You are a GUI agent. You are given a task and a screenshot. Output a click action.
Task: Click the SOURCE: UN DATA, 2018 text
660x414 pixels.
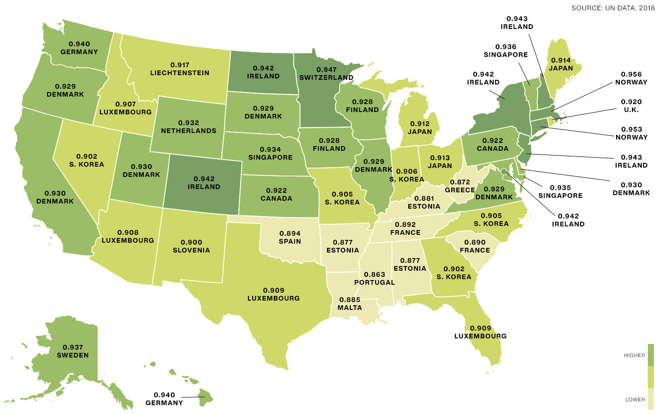(613, 8)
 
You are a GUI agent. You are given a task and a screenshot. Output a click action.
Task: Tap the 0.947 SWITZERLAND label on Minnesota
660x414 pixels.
(326, 74)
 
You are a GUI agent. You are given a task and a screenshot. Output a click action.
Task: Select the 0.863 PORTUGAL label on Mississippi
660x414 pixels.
(375, 279)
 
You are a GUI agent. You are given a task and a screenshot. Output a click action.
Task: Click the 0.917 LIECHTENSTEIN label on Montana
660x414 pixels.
(180, 69)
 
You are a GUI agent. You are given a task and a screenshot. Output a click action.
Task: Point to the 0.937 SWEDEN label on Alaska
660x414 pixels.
(73, 351)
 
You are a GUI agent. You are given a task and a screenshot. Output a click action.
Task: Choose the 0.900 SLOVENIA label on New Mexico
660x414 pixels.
(192, 246)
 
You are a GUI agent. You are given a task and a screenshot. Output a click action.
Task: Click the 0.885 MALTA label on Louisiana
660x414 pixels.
(350, 304)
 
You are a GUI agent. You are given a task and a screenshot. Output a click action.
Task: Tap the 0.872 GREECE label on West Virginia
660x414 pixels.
(460, 186)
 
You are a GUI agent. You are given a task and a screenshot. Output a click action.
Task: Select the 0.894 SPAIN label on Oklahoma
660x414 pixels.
(290, 238)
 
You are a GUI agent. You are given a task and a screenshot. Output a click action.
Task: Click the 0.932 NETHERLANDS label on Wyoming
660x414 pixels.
(189, 127)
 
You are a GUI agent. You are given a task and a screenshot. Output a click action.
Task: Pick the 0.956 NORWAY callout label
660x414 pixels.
(631, 78)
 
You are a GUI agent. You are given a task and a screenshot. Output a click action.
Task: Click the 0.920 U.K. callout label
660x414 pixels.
(631, 106)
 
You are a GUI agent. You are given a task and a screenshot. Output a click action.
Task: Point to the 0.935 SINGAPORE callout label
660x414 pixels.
(561, 192)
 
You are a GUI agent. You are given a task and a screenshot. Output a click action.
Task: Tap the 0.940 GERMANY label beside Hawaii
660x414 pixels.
(164, 399)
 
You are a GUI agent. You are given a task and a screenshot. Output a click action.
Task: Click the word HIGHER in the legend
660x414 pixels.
(634, 356)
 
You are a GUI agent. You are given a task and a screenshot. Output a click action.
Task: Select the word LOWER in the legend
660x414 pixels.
(635, 400)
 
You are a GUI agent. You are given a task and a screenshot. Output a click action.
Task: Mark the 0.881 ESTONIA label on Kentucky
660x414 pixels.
(424, 203)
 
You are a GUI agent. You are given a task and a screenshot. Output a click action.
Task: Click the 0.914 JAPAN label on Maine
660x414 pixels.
(561, 64)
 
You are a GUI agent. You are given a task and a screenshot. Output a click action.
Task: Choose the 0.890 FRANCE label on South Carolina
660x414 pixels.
(475, 246)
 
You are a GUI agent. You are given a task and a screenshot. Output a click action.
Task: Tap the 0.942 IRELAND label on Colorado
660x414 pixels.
(204, 183)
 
